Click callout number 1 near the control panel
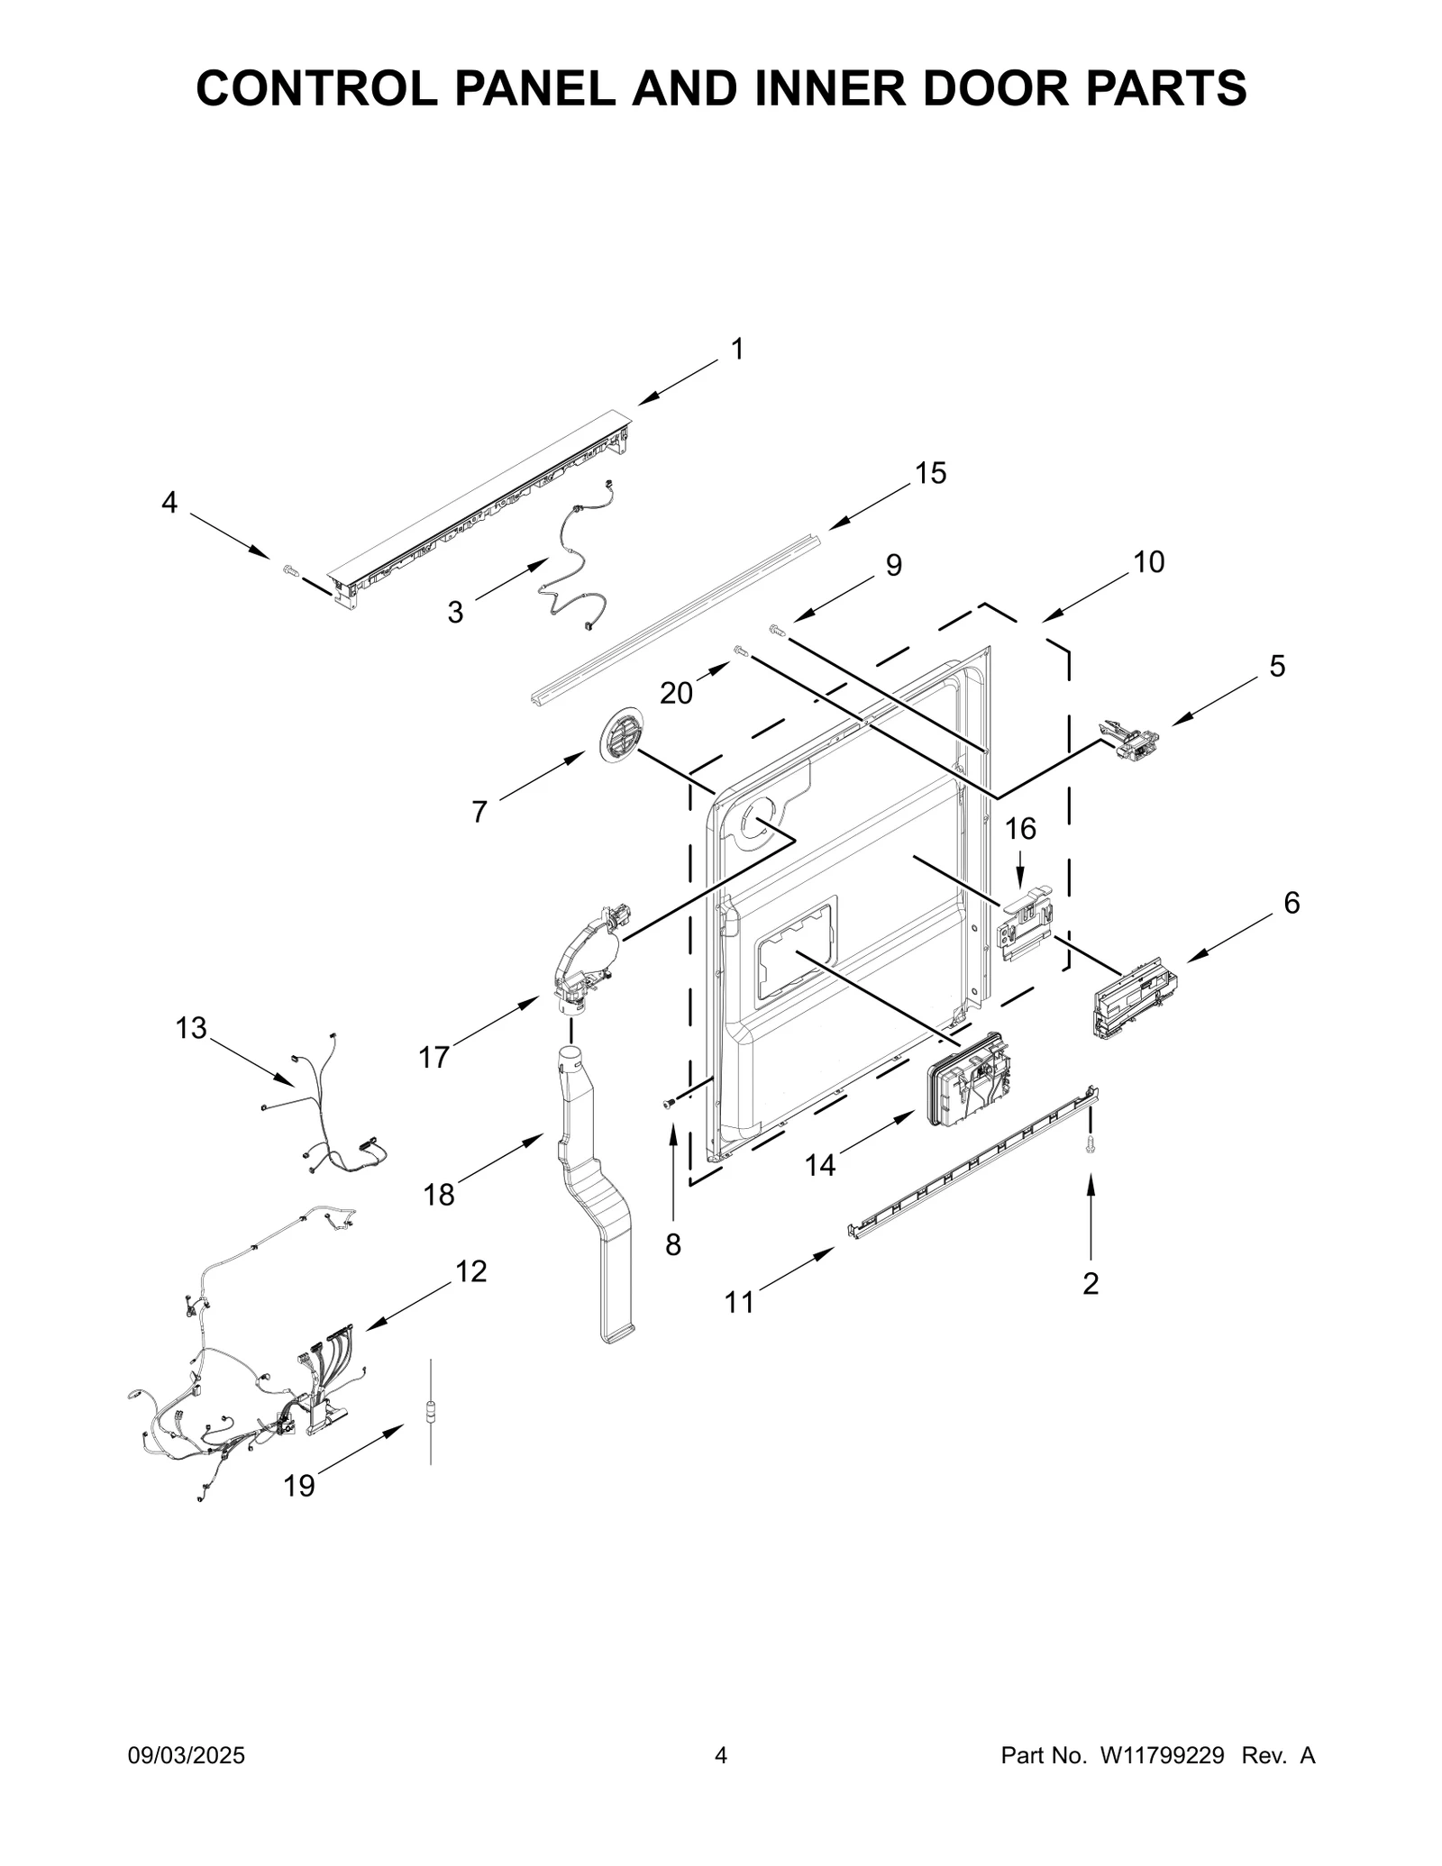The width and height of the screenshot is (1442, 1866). (737, 350)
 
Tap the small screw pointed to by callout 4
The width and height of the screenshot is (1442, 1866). (290, 569)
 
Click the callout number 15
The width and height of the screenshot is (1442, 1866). (931, 473)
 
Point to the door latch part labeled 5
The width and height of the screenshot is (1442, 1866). (1128, 737)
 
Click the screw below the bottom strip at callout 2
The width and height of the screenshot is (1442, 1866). (1091, 1143)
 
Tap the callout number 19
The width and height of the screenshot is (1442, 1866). (299, 1486)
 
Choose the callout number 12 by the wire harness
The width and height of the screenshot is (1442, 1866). (470, 1271)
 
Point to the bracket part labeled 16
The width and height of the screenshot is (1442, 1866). (1026, 924)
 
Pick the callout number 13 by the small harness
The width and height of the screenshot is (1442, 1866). (191, 1028)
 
